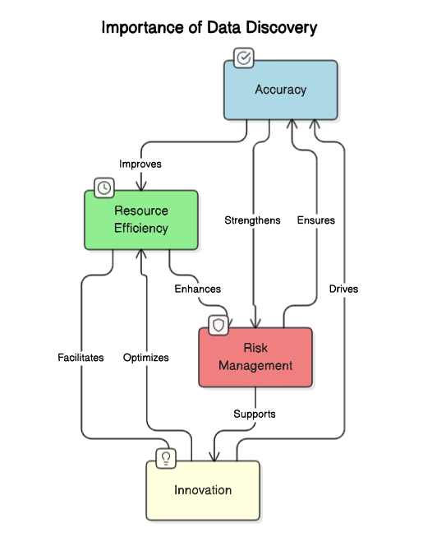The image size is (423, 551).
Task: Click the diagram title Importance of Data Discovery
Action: click(209, 28)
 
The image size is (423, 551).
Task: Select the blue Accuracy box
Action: click(281, 90)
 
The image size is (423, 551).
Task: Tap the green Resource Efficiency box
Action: click(141, 220)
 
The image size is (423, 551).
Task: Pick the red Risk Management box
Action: click(255, 357)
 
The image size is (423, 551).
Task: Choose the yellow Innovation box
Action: click(203, 490)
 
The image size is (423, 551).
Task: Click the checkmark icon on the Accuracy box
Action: click(244, 58)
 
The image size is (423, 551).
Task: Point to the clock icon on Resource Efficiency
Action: click(104, 188)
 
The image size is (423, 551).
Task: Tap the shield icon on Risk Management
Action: click(218, 326)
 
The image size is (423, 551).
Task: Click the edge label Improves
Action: click(140, 164)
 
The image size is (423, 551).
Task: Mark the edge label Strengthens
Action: click(252, 220)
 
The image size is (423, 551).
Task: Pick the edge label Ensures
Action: click(316, 220)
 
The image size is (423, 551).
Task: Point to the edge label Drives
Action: click(343, 289)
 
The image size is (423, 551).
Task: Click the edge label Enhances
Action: click(197, 289)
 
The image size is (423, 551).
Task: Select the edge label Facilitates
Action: click(80, 358)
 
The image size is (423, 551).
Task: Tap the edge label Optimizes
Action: click(146, 358)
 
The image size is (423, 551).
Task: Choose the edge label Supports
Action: click(255, 414)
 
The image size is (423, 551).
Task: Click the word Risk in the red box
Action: click(255, 348)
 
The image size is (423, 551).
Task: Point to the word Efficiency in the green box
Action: click(141, 229)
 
